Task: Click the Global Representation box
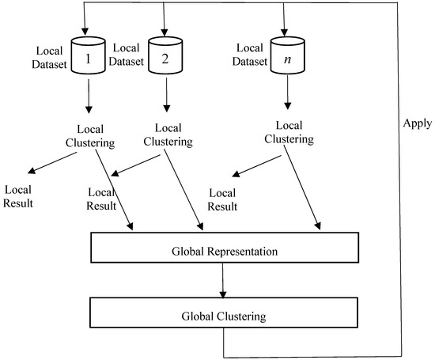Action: [x=225, y=251]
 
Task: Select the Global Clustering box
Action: [x=225, y=316]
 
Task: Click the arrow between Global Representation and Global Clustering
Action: [x=225, y=281]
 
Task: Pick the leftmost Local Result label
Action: [x=23, y=196]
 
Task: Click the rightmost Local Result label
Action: [x=224, y=200]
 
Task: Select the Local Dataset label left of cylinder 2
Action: [x=127, y=55]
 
